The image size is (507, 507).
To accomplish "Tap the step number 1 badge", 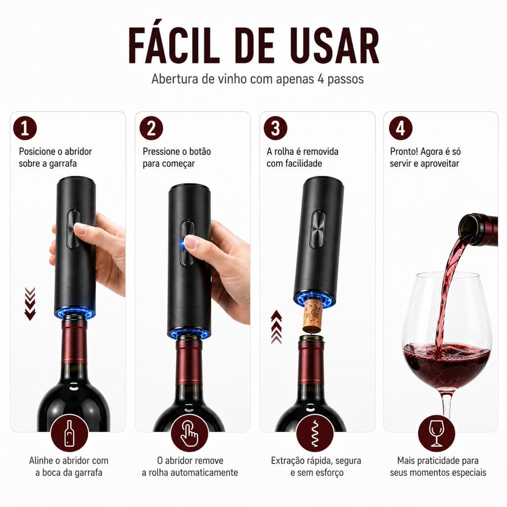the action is (x=25, y=128).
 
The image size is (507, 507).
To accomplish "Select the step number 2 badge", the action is (x=151, y=128).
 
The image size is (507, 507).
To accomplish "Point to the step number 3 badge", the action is (x=275, y=128).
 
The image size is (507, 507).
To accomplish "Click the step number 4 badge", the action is (x=401, y=128).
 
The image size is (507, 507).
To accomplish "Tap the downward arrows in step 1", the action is (x=30, y=304).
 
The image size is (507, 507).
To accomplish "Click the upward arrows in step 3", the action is (x=276, y=327).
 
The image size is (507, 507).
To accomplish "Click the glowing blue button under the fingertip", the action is (x=186, y=241).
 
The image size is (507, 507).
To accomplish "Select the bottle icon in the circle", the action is (x=69, y=433).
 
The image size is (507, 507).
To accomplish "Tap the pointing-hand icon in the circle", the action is (x=189, y=433).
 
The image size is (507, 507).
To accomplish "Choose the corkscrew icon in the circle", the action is (x=315, y=434).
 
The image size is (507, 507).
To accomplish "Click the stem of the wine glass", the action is (x=448, y=404).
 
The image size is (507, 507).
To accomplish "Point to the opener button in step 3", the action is (x=317, y=230).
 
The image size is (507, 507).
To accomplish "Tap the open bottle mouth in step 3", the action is (x=311, y=339).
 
